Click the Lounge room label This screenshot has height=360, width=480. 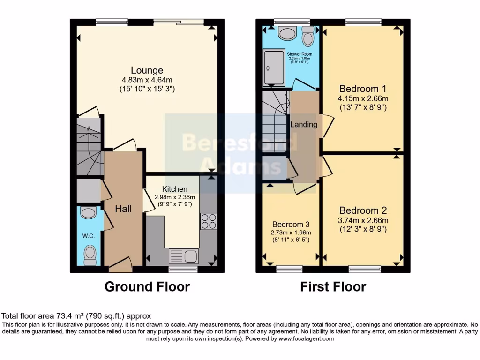[147, 71]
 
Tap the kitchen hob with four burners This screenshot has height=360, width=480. [208, 221]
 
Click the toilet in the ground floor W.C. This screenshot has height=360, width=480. [89, 255]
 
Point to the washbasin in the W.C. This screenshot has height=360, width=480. [88, 213]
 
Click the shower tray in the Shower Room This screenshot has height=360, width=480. [273, 69]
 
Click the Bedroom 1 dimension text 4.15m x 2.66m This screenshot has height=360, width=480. [363, 98]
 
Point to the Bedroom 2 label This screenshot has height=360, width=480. [363, 210]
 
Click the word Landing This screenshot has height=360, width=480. [304, 125]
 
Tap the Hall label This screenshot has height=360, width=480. [123, 209]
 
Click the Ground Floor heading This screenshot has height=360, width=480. [147, 286]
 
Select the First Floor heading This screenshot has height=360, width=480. [333, 286]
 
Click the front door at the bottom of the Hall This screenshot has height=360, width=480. [120, 266]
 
